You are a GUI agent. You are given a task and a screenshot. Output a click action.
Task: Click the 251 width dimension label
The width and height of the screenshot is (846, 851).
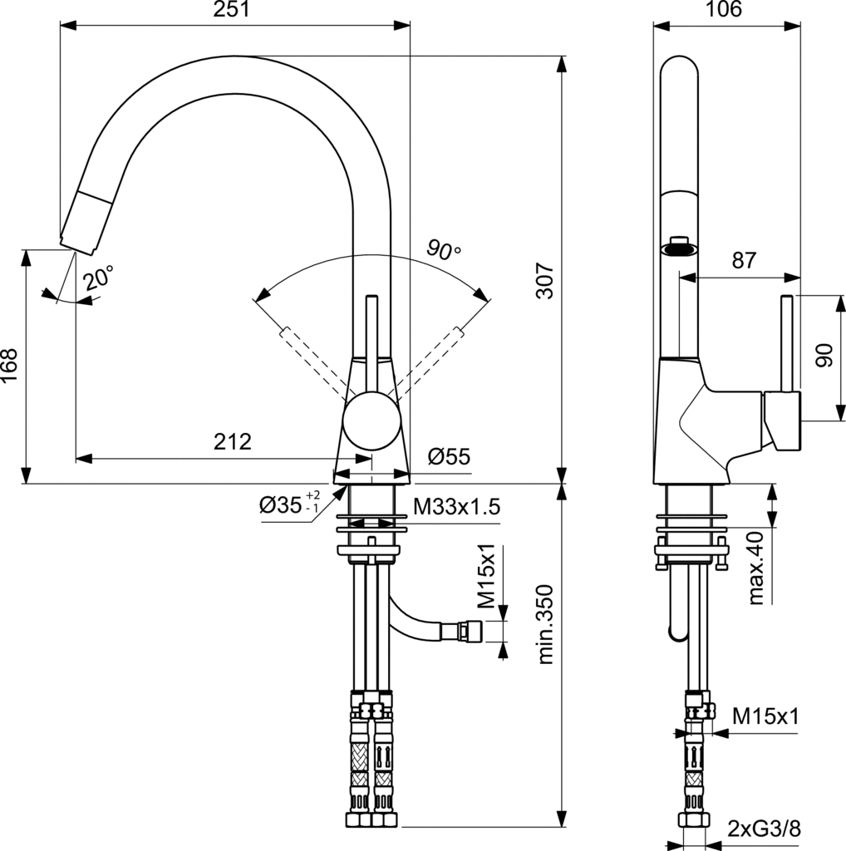click(232, 9)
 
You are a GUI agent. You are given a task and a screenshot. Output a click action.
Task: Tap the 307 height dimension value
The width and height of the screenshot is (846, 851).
click(545, 281)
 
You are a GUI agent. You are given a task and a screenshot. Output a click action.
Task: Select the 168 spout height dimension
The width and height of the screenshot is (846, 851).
click(10, 366)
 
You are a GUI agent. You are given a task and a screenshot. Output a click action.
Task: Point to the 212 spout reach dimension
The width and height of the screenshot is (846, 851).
click(232, 441)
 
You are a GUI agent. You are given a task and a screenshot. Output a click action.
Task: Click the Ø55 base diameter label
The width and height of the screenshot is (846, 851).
click(449, 456)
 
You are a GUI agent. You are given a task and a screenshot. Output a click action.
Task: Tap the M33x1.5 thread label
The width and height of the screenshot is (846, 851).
click(456, 507)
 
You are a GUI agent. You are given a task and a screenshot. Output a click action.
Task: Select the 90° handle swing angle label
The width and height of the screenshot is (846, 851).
click(443, 249)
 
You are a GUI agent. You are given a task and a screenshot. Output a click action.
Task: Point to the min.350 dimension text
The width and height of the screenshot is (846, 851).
click(545, 624)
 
